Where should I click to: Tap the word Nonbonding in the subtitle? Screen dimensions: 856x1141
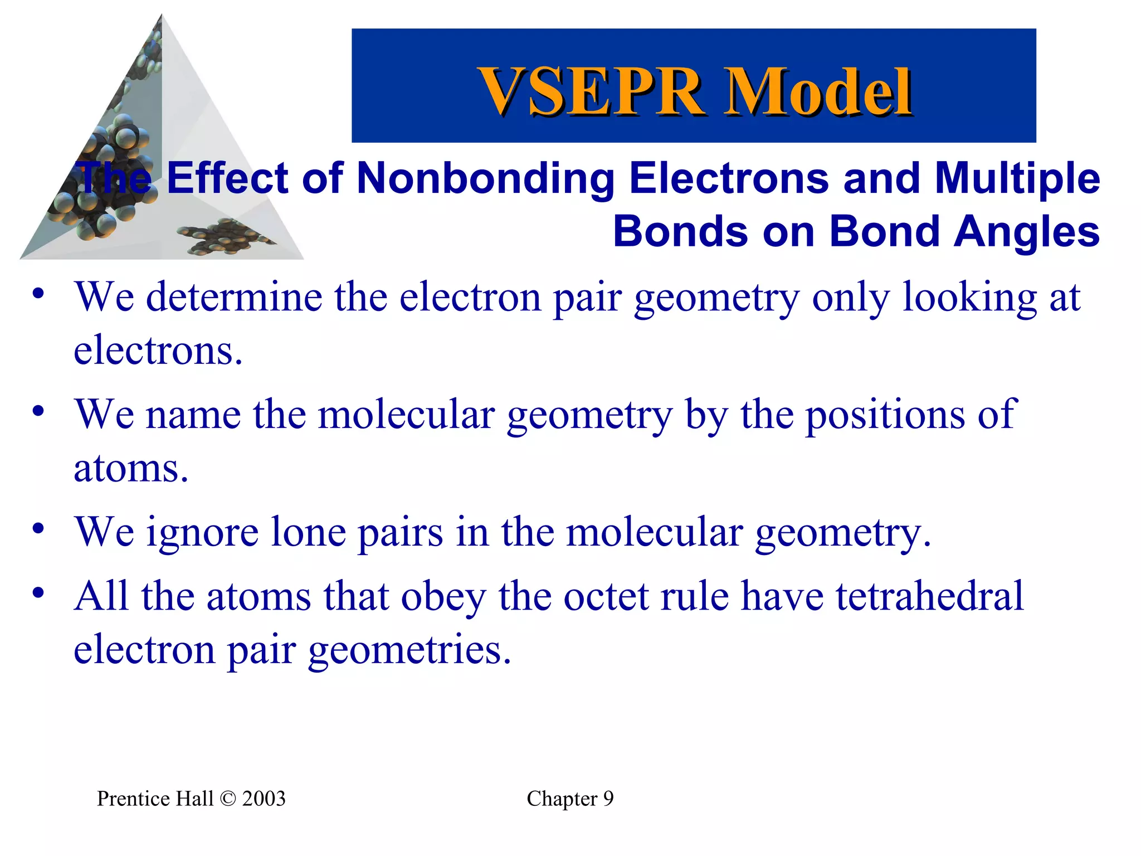pos(485,178)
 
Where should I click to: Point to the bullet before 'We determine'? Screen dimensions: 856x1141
pos(38,294)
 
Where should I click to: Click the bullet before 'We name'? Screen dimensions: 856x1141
pos(38,411)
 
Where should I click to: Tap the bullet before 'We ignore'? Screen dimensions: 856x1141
pos(38,528)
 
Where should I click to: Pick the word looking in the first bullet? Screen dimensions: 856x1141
pos(969,298)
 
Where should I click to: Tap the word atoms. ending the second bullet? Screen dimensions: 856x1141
pos(131,468)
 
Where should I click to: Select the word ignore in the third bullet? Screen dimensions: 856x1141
pos(202,532)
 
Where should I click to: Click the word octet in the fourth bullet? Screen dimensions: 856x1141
pos(606,596)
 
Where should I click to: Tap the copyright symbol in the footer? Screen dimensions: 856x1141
pos(228,799)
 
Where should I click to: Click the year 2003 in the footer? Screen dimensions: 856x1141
pos(264,799)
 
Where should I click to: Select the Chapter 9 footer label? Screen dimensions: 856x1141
pos(570,799)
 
